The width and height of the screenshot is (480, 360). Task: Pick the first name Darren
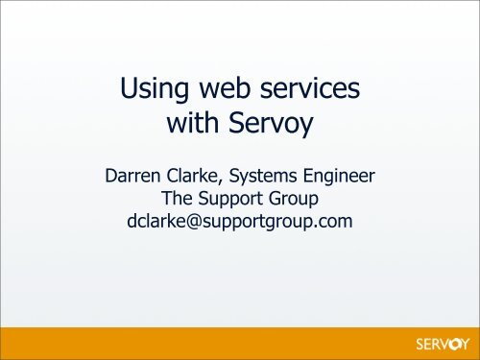coord(138,175)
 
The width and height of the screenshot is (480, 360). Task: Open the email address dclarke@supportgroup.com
coord(240,222)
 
